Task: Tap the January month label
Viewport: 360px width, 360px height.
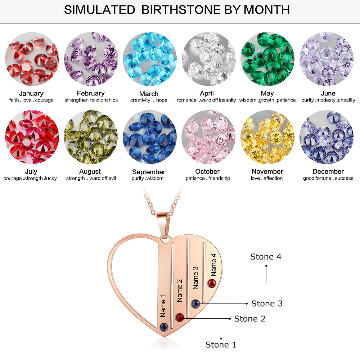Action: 31,94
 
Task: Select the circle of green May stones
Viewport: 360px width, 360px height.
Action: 267,59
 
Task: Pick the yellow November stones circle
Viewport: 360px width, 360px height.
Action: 267,137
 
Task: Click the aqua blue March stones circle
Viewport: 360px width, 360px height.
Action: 149,59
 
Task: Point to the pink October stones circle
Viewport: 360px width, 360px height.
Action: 208,137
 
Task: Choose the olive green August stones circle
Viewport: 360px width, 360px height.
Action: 90,137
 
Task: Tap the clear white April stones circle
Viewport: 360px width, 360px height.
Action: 208,59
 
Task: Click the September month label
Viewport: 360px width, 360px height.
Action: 149,172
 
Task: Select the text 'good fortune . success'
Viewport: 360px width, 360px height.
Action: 328,178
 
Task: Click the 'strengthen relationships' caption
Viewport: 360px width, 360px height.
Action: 91,100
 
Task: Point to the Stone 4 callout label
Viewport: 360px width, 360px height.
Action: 266,257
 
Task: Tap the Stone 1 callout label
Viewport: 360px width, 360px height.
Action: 221,345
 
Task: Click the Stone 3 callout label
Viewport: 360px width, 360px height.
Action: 267,303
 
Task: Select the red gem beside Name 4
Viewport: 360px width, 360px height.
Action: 212,284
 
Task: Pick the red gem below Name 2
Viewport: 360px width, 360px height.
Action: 180,317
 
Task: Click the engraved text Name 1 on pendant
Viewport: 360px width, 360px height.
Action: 163,306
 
